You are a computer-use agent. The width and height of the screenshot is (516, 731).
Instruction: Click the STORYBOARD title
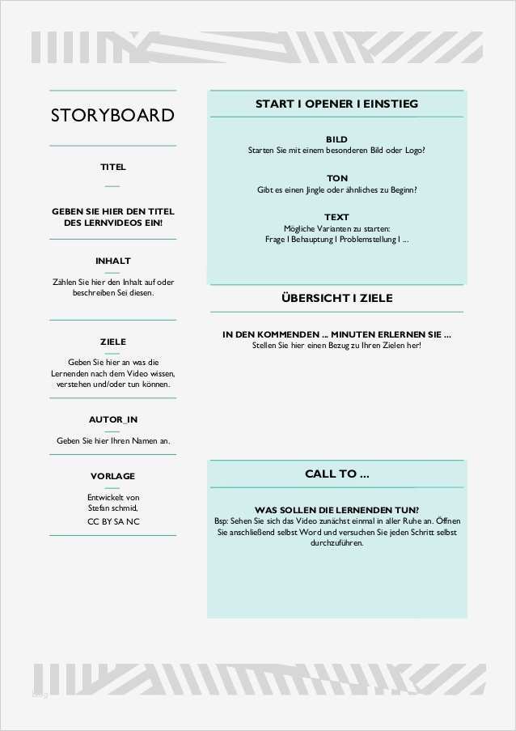pos(112,115)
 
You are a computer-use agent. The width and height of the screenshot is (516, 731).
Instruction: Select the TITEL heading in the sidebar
pos(112,167)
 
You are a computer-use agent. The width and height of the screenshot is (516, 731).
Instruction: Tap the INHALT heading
pos(112,261)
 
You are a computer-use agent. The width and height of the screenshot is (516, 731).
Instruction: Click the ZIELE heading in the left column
pos(112,342)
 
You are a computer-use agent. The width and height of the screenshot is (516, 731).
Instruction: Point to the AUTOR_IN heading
pos(112,420)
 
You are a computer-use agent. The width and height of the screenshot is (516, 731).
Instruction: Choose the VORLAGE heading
pos(112,476)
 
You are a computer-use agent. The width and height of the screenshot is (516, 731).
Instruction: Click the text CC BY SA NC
pos(112,521)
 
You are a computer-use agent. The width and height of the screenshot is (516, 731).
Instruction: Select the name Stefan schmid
pos(112,508)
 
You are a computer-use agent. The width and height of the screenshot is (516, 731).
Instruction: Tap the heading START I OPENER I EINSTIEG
pos(336,104)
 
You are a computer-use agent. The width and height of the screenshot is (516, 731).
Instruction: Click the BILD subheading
pos(336,139)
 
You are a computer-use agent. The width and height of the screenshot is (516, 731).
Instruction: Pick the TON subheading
pos(336,178)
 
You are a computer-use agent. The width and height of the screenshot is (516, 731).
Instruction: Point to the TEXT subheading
pos(336,217)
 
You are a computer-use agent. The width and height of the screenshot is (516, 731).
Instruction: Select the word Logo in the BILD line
pos(412,151)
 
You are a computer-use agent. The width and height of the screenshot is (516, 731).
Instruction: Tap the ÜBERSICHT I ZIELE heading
pos(336,298)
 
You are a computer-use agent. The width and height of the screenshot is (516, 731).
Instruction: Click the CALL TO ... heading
pos(336,474)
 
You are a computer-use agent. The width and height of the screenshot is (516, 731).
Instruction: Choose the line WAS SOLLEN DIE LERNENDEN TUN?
pos(336,511)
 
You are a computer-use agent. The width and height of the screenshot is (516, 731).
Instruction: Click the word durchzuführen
pos(336,544)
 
